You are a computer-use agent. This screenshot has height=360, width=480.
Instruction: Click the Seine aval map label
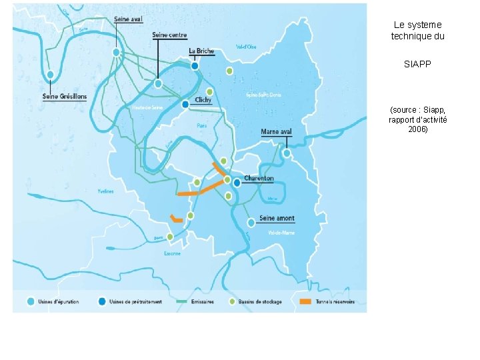coord(129,19)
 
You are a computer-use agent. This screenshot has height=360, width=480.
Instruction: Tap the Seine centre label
coord(169,35)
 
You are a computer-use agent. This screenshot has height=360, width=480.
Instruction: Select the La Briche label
coord(201,51)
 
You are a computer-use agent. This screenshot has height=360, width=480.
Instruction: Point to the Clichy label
coord(203,100)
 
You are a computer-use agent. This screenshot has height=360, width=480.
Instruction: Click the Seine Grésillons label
coord(65,96)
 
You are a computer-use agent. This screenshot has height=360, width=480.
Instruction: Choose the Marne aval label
coord(276,131)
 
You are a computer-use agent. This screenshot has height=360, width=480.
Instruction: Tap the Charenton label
coord(259,179)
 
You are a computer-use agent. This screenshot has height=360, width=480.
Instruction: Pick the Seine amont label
coord(277,218)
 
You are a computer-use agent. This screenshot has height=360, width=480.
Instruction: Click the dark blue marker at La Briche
coord(195,65)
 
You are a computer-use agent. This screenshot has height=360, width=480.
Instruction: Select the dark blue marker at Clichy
coord(185,104)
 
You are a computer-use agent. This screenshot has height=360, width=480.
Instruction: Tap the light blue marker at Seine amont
coord(251,222)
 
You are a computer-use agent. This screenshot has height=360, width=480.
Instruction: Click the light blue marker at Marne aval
coord(287,153)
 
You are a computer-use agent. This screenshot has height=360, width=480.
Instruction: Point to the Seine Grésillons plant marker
coord(51,74)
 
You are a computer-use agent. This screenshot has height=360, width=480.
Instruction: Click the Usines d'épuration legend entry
coord(57,301)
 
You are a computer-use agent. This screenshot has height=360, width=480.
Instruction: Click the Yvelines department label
coord(105,191)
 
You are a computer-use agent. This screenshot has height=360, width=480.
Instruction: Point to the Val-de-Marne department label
coord(281,233)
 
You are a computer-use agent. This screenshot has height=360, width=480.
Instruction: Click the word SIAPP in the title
coord(417,65)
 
